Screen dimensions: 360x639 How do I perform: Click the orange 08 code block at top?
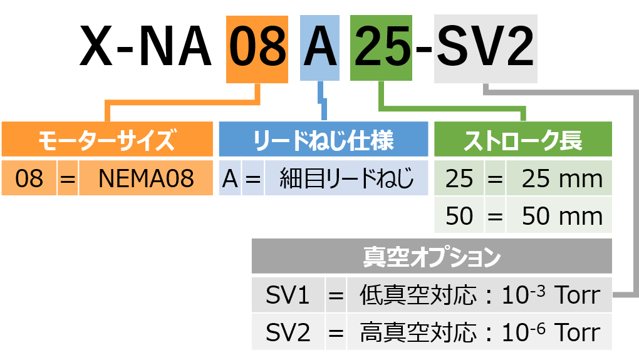257,49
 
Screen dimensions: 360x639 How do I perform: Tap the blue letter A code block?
319,49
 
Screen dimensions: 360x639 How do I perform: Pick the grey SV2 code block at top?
486,49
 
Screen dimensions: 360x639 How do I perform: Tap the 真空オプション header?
431,257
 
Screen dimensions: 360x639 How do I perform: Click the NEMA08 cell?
146,179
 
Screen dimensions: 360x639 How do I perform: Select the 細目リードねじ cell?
346,179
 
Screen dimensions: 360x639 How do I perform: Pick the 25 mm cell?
559,179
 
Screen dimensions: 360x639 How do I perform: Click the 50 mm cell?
559,216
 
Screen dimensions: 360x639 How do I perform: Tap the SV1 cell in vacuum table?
288,295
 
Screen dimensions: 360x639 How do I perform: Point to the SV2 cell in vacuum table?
288,332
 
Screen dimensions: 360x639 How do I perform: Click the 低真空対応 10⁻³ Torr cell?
479,295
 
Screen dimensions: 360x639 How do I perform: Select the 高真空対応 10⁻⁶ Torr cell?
479,332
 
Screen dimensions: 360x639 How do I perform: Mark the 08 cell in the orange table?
29,179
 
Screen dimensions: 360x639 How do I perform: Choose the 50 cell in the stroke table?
459,216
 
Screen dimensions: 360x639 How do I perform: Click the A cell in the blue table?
230,179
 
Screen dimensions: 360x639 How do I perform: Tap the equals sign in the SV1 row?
336,295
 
